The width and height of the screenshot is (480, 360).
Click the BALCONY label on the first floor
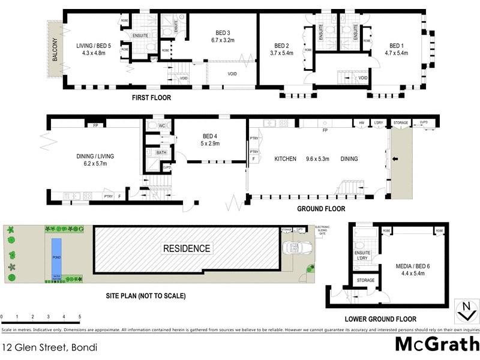point(55,49)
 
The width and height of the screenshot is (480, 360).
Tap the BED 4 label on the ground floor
point(211,136)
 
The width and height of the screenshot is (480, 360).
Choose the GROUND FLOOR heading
point(321,209)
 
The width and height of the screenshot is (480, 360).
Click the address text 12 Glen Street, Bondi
point(49,347)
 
